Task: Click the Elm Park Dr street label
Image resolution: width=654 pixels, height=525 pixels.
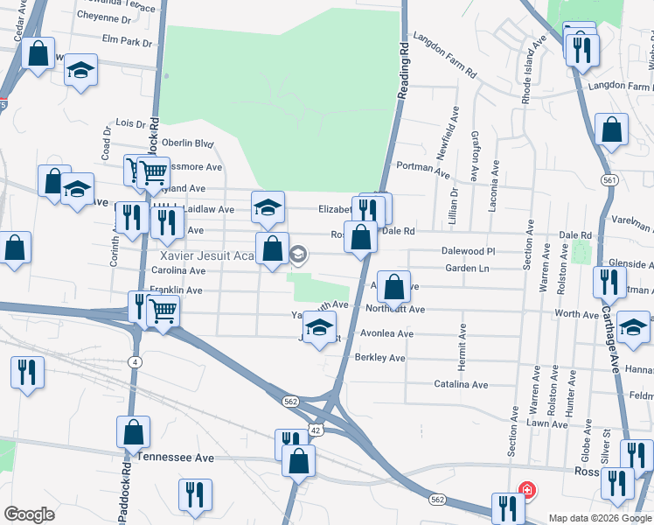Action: coord(128,41)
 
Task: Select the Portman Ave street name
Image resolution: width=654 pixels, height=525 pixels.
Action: coord(416,166)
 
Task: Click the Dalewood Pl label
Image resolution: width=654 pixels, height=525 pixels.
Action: coord(469,251)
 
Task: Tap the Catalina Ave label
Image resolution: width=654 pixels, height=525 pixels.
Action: coord(462,384)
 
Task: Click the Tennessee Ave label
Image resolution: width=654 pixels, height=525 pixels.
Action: coord(176,458)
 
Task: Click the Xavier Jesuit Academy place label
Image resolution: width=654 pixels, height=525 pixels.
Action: coord(208,255)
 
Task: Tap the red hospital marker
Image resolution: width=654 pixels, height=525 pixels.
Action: coord(526,490)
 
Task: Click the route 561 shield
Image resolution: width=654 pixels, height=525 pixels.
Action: coord(610,178)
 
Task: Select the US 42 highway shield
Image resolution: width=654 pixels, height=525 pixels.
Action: coord(316,430)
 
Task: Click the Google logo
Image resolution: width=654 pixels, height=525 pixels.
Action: coord(29,514)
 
